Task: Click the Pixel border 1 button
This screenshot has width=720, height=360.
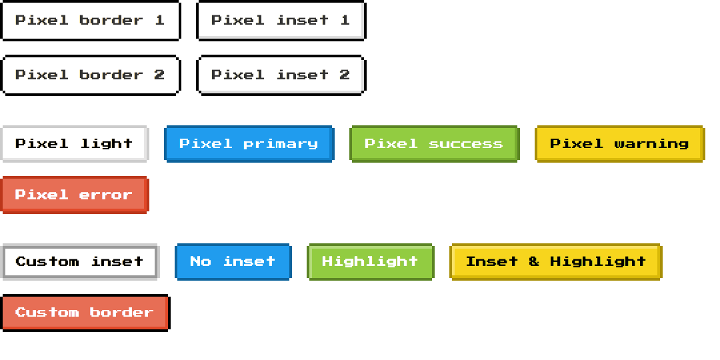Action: (90, 21)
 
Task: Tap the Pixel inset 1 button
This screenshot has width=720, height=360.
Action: (281, 21)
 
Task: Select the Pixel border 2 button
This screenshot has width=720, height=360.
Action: (90, 75)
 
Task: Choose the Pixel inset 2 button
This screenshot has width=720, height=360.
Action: (281, 75)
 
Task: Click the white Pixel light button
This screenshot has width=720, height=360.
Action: (74, 144)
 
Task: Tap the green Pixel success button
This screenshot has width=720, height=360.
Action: (434, 144)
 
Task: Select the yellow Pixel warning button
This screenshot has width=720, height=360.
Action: (619, 144)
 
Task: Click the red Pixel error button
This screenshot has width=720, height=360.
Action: (74, 195)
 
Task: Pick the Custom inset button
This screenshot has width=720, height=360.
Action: (79, 262)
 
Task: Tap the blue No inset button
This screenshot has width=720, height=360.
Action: (233, 262)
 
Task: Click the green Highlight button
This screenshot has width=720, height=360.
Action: (370, 262)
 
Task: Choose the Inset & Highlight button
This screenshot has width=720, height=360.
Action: (555, 262)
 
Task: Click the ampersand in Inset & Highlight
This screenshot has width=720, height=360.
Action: (534, 261)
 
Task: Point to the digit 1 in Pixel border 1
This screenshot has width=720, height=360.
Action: (159, 20)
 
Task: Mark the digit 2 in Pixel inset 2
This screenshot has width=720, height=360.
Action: (345, 75)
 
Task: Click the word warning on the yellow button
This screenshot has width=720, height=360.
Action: (651, 144)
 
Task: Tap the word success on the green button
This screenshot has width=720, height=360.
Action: (465, 144)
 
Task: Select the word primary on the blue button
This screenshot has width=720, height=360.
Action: (281, 144)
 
